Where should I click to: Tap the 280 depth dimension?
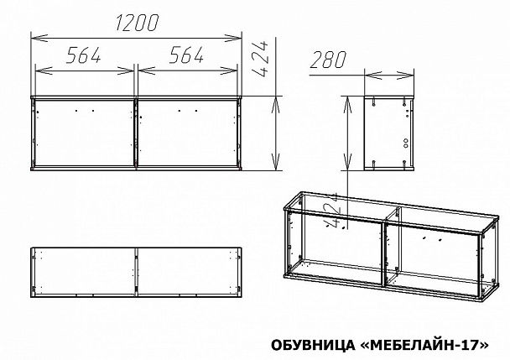point(328,60)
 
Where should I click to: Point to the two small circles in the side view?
point(403,143)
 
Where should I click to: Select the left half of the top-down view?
point(83,270)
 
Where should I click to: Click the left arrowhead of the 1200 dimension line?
point(34,37)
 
